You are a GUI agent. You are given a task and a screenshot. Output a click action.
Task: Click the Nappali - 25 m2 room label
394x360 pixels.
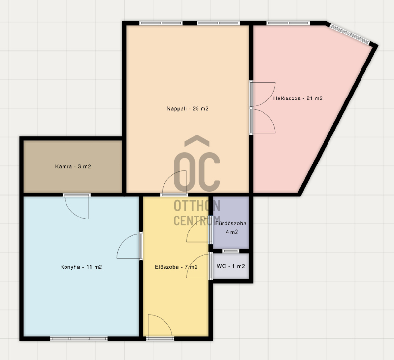pyautogui.click(x=188, y=109)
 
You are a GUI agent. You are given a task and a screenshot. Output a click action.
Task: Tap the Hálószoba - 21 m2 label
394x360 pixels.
pyautogui.click(x=298, y=98)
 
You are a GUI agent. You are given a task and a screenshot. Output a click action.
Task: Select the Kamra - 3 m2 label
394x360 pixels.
pyautogui.click(x=73, y=166)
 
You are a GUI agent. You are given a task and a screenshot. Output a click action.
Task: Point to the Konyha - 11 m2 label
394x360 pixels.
pyautogui.click(x=81, y=267)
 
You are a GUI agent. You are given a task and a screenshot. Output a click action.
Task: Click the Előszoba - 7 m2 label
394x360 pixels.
pyautogui.click(x=176, y=267)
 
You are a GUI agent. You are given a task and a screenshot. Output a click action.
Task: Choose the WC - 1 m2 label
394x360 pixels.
pyautogui.click(x=230, y=266)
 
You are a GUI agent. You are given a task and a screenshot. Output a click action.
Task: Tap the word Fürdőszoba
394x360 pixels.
pyautogui.click(x=231, y=223)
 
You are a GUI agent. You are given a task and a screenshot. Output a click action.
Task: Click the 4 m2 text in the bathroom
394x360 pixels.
pyautogui.click(x=231, y=232)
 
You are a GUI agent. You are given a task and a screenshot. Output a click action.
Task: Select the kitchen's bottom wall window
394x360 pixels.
pyautogui.click(x=79, y=339)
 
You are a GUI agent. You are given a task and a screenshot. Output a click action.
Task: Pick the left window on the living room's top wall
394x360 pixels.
pyautogui.click(x=161, y=23)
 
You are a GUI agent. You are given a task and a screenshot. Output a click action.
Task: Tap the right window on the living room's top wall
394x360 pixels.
pyautogui.click(x=218, y=23)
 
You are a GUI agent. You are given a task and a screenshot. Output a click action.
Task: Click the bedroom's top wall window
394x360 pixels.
pyautogui.click(x=288, y=23)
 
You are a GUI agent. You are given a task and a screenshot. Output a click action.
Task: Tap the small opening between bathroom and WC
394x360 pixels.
pyautogui.click(x=231, y=251)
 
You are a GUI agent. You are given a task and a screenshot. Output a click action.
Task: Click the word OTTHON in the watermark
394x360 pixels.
pyautogui.click(x=197, y=206)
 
